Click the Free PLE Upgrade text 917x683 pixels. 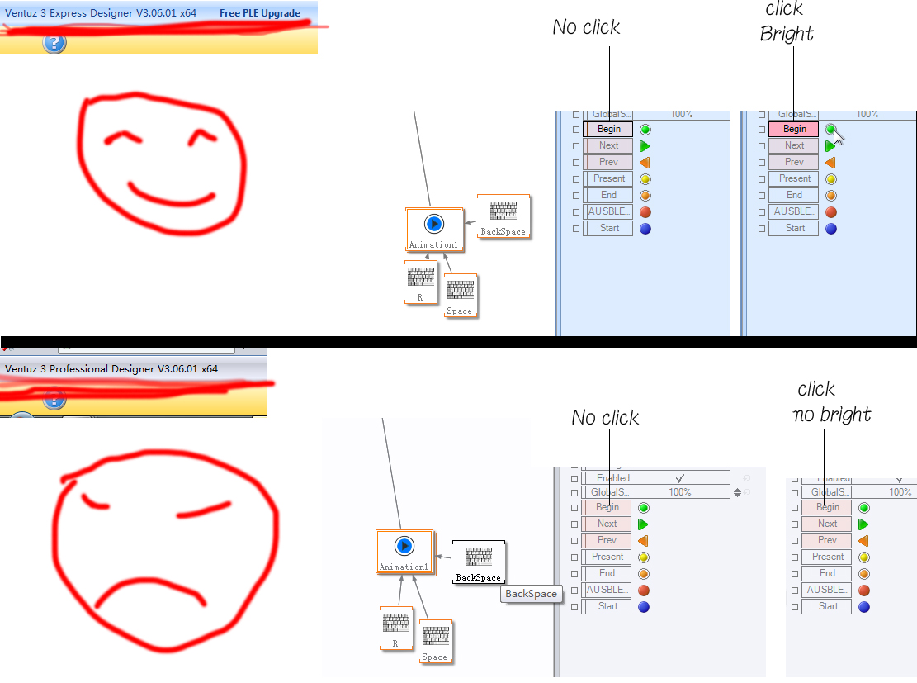[260, 13]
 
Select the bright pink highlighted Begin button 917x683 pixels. [794, 129]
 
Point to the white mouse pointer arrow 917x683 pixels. [838, 136]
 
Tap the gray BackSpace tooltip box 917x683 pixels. [532, 594]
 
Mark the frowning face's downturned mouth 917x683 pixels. [149, 590]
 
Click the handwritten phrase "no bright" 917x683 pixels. [832, 414]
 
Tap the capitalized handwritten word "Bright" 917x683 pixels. [787, 34]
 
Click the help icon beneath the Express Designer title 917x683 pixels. [54, 43]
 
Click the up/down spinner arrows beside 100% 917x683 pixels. [737, 492]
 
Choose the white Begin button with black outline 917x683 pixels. [608, 129]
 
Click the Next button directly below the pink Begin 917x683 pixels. [794, 145]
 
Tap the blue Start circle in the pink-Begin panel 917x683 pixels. [830, 228]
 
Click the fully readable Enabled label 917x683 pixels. [612, 478]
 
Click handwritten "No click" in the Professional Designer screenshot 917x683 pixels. [605, 418]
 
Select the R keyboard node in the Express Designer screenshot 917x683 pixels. [421, 282]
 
